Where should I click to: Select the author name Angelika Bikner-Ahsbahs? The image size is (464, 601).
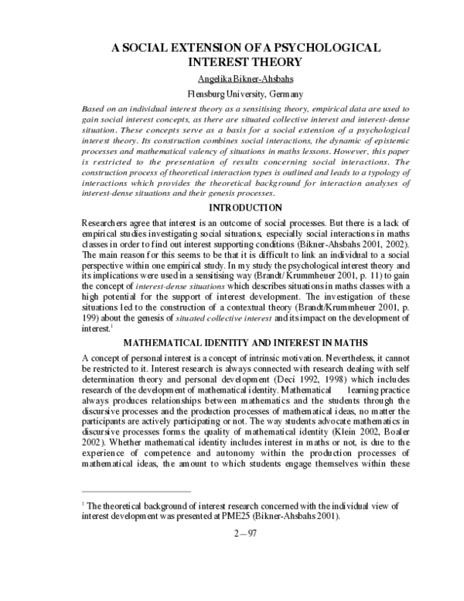[232, 78]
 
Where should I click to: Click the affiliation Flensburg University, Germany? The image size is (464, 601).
[232, 94]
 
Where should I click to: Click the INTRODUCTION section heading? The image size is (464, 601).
[232, 208]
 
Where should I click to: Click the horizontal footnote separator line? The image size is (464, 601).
[135, 491]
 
